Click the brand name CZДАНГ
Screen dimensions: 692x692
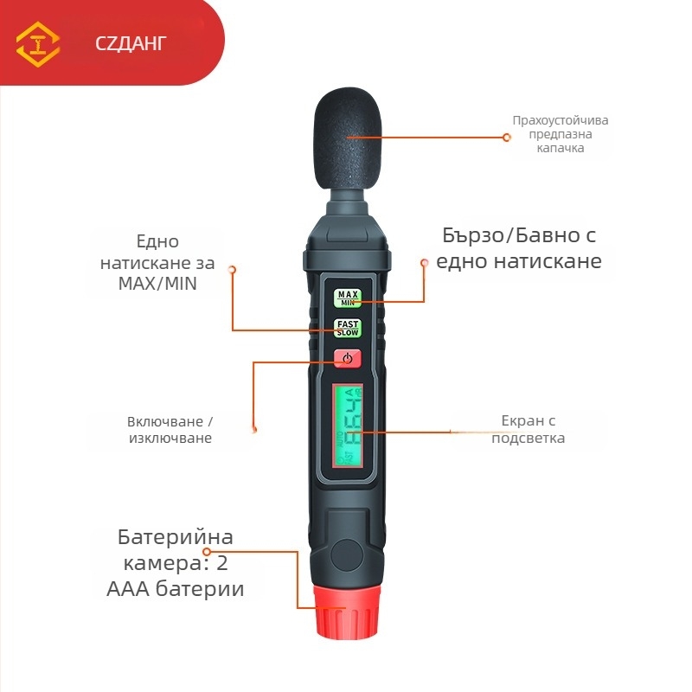tap(131, 43)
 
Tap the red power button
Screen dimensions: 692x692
tap(347, 358)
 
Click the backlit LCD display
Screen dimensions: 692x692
tap(349, 425)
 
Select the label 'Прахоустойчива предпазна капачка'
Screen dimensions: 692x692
tap(560, 134)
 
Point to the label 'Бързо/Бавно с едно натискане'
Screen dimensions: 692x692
tap(519, 247)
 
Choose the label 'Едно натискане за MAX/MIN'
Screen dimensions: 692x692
tap(157, 262)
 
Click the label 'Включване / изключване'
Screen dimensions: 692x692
tap(170, 430)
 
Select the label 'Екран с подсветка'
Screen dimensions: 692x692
tap(528, 429)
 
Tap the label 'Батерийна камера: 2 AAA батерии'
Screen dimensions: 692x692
tap(176, 563)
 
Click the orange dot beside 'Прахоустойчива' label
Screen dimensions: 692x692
tap(509, 137)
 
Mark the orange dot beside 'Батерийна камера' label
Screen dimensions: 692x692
tap(207, 551)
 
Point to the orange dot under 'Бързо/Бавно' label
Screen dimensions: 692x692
tap(425, 262)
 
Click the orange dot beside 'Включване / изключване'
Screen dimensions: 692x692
tap(254, 426)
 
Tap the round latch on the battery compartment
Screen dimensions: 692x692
tap(348, 553)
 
